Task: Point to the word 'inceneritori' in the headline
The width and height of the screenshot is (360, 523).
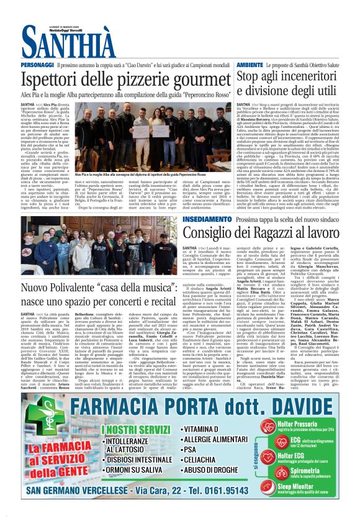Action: tap(317, 76)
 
